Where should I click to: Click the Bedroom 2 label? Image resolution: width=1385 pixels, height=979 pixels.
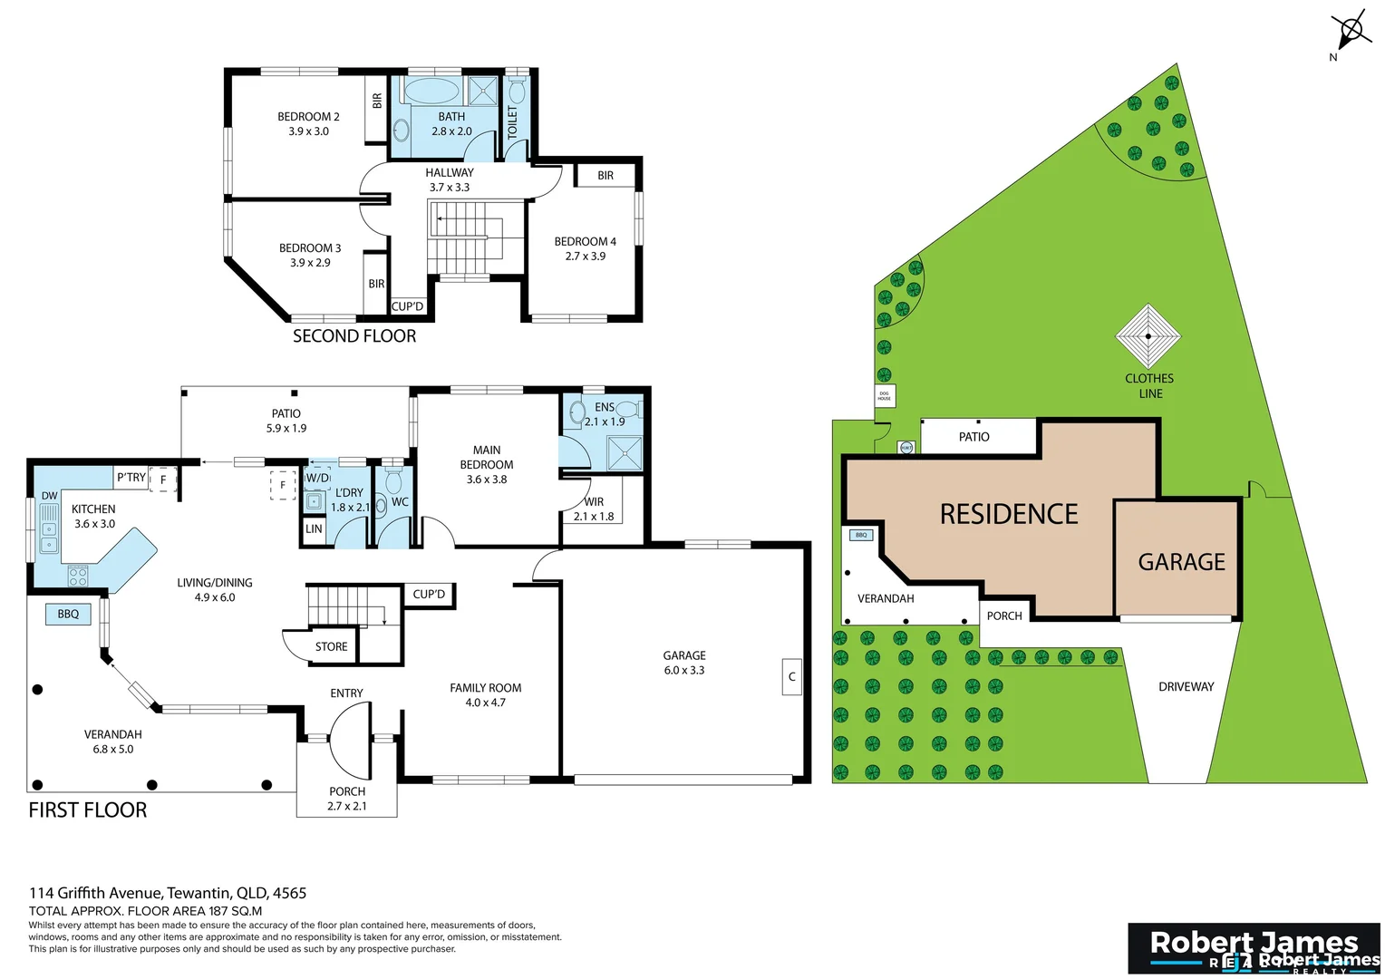click(x=308, y=117)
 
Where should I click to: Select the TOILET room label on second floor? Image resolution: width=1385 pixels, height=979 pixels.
click(x=512, y=123)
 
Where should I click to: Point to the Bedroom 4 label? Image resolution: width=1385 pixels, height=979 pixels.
click(x=585, y=242)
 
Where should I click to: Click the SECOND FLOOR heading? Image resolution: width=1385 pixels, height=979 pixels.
click(x=354, y=336)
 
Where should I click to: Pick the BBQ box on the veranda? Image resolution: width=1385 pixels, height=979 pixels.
click(x=68, y=615)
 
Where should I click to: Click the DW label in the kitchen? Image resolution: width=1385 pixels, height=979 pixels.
click(x=49, y=496)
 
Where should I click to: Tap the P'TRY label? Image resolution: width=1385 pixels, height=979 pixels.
click(x=131, y=478)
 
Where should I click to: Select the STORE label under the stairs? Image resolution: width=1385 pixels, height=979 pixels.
click(x=331, y=647)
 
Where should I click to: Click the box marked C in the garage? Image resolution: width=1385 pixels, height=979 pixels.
click(x=791, y=677)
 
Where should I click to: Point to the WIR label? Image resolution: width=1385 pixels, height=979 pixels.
click(x=594, y=502)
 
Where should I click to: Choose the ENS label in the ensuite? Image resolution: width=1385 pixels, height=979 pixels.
click(x=605, y=407)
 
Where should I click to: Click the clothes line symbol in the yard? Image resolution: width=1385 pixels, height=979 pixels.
click(x=1148, y=336)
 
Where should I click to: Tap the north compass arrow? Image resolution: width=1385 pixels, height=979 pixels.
click(x=1350, y=33)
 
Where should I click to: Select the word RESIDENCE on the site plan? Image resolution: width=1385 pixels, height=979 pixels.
click(x=1009, y=515)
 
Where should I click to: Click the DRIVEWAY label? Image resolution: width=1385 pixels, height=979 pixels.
click(x=1186, y=687)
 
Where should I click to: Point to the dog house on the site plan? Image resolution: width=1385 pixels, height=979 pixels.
click(x=885, y=396)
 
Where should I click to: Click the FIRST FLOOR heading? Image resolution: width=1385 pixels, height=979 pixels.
click(x=88, y=810)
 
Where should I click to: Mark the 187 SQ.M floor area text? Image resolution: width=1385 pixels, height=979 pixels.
click(x=223, y=911)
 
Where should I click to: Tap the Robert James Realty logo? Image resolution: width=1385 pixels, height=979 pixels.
click(x=1254, y=948)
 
